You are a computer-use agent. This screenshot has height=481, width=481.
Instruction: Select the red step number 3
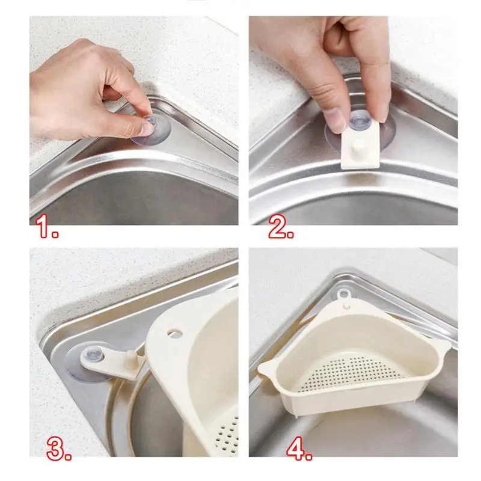(x=60, y=450)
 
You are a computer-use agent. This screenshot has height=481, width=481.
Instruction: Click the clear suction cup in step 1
(x=149, y=131)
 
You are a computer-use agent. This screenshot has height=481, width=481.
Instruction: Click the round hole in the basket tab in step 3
(x=174, y=332)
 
